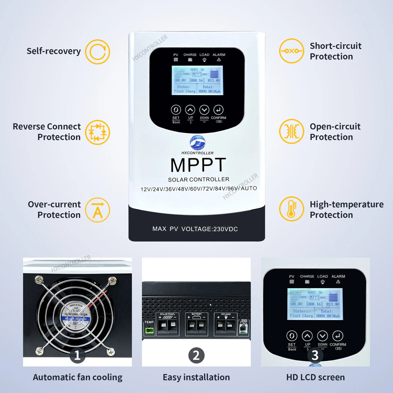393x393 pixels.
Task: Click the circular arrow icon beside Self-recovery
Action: [x=97, y=51]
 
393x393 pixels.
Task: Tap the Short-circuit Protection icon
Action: [x=291, y=51]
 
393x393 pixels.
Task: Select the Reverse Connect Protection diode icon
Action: [x=97, y=132]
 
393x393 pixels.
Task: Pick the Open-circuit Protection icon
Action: [x=291, y=132]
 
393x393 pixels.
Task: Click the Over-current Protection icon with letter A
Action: [x=97, y=210]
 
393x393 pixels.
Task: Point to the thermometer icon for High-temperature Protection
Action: [x=291, y=209]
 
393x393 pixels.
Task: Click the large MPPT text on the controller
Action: [x=198, y=165]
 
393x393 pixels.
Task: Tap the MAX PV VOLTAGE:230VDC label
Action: [x=195, y=229]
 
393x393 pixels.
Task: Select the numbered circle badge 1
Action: [x=77, y=355]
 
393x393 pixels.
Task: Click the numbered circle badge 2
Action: [x=196, y=355]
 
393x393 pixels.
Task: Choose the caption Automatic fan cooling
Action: [x=78, y=377]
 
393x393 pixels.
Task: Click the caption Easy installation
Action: [x=196, y=377]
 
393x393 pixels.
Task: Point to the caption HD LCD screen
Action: [x=315, y=377]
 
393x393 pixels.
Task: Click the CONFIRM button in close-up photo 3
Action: [x=337, y=336]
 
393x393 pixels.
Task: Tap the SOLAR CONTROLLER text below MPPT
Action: [x=198, y=180]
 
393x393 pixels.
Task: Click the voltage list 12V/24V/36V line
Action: [x=198, y=188]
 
